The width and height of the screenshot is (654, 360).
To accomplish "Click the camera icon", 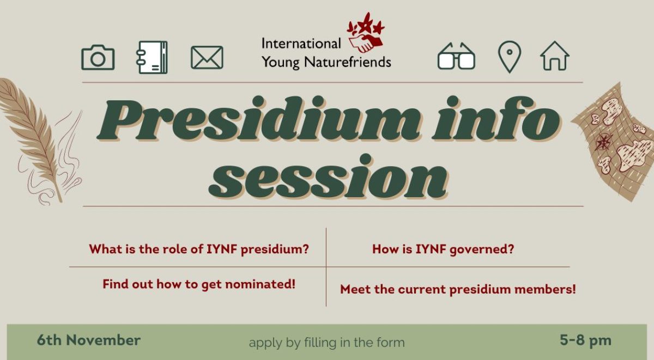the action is [98, 58].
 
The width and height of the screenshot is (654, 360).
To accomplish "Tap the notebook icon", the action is [152, 57].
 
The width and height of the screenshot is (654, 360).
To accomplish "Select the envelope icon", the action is [207, 58].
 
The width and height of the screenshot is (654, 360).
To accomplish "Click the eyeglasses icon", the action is [456, 56].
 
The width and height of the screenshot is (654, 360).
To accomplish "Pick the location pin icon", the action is [510, 57].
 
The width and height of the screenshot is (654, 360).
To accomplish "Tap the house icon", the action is [554, 56].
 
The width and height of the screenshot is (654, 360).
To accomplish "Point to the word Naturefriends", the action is [348, 62].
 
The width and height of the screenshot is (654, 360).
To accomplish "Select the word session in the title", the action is [328, 177].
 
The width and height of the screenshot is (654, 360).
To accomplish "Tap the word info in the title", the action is [496, 119].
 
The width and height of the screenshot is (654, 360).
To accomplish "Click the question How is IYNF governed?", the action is [443, 249].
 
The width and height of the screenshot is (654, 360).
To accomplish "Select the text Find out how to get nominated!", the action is [199, 284].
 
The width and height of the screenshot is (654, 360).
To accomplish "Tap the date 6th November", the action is [89, 340].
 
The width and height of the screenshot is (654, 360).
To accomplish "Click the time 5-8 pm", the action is [585, 340].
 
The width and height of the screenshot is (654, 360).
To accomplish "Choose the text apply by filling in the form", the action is [326, 343].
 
